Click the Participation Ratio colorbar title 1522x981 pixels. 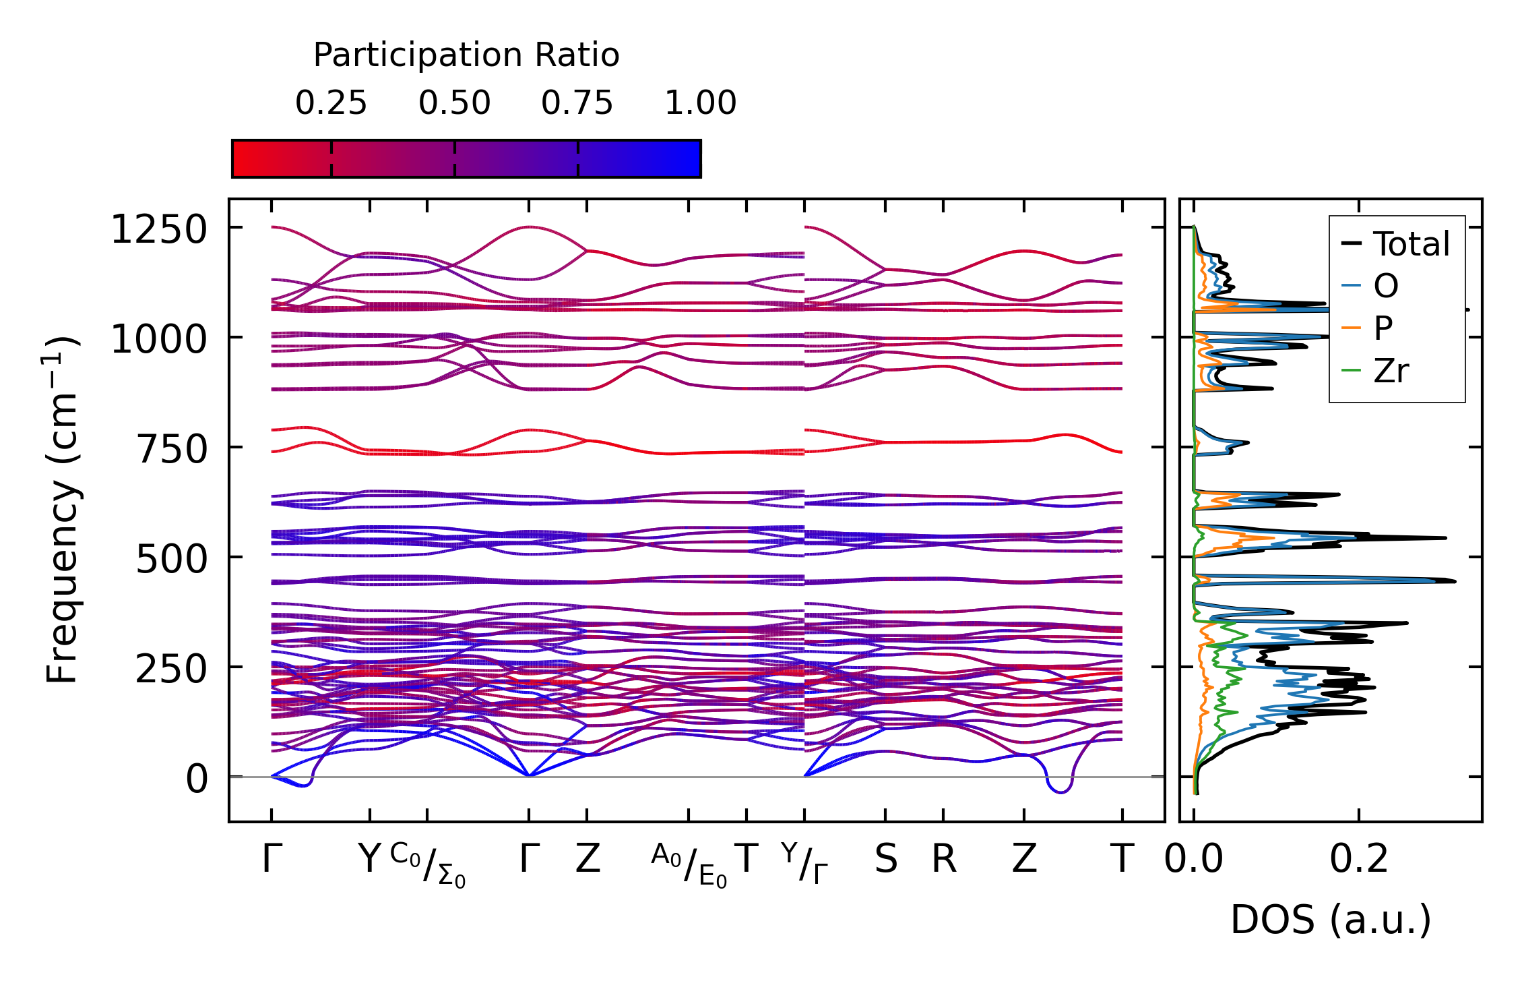click(x=466, y=55)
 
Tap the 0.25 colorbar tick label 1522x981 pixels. click(x=331, y=103)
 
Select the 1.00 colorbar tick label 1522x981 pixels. click(x=701, y=103)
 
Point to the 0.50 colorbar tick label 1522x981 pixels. click(x=454, y=103)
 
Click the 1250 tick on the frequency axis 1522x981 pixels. click(x=159, y=230)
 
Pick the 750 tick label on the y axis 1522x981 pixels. click(x=171, y=450)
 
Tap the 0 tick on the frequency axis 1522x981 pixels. click(x=197, y=779)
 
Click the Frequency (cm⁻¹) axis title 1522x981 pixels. click(x=62, y=510)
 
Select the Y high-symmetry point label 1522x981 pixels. click(x=369, y=860)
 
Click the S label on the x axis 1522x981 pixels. click(x=886, y=860)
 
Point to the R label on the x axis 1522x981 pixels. click(x=944, y=860)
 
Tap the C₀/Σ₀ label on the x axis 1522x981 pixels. click(x=428, y=865)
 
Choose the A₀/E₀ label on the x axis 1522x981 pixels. click(x=689, y=865)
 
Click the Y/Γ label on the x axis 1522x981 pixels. click(x=804, y=864)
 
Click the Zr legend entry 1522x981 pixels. click(x=1391, y=371)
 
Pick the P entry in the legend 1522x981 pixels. click(x=1383, y=328)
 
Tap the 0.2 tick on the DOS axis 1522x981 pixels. click(x=1359, y=860)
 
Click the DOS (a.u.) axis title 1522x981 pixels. click(x=1331, y=920)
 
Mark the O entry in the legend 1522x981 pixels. click(x=1386, y=287)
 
